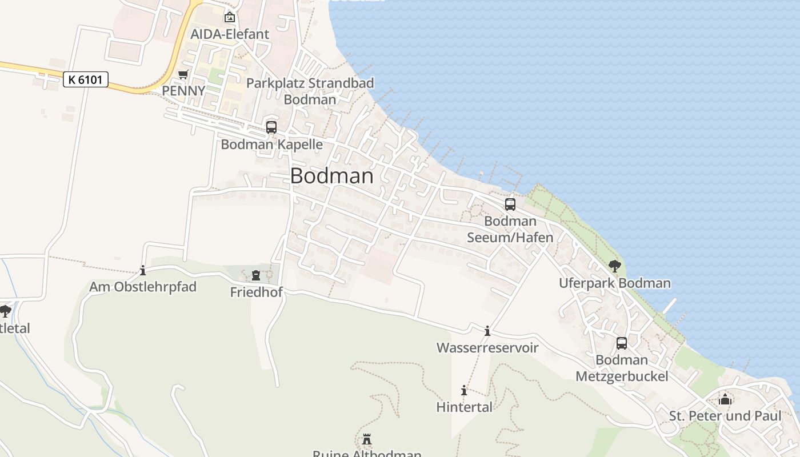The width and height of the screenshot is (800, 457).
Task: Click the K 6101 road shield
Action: point(85,79)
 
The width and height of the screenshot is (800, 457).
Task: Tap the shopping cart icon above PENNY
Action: point(183,75)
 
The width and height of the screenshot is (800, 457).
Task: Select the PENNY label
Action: point(183,91)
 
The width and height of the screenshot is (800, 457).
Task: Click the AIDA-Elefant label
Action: point(230,34)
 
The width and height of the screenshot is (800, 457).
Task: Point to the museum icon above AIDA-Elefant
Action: point(230,17)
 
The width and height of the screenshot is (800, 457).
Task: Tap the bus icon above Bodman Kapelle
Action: point(271,127)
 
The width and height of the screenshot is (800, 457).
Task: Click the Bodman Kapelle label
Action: point(271,145)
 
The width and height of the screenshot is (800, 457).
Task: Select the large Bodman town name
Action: point(332,176)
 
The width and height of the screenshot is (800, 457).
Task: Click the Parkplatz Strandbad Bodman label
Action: point(310,91)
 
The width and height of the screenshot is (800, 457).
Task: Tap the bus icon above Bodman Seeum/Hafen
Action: point(510,204)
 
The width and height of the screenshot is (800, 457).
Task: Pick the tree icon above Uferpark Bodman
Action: point(615,266)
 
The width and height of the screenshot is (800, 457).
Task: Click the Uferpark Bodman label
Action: point(615,283)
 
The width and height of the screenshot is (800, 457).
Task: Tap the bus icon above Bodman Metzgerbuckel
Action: point(622,343)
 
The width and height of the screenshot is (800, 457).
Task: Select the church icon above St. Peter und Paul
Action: point(725,399)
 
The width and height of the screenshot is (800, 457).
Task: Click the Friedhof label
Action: point(256,292)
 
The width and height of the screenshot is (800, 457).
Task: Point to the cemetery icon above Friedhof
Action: point(256,275)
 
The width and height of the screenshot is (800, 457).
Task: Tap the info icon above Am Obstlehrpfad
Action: point(143,270)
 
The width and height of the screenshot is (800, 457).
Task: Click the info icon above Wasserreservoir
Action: point(487,331)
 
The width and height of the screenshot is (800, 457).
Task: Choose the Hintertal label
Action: point(464,407)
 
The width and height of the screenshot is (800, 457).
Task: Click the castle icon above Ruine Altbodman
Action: point(367,439)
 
